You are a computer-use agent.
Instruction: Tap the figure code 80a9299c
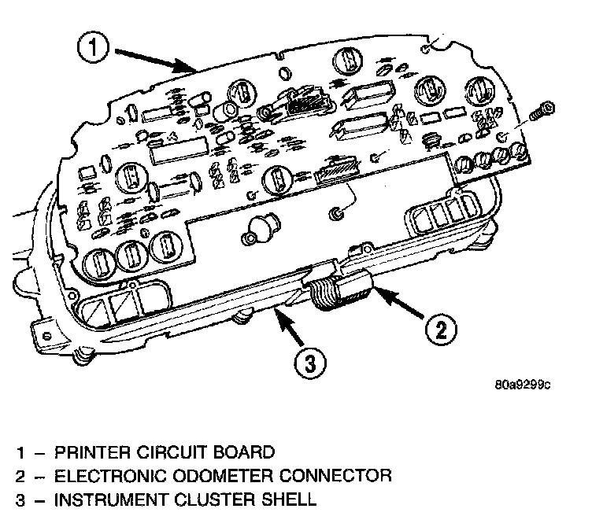click(522, 385)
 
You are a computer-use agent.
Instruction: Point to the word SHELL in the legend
click(288, 499)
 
